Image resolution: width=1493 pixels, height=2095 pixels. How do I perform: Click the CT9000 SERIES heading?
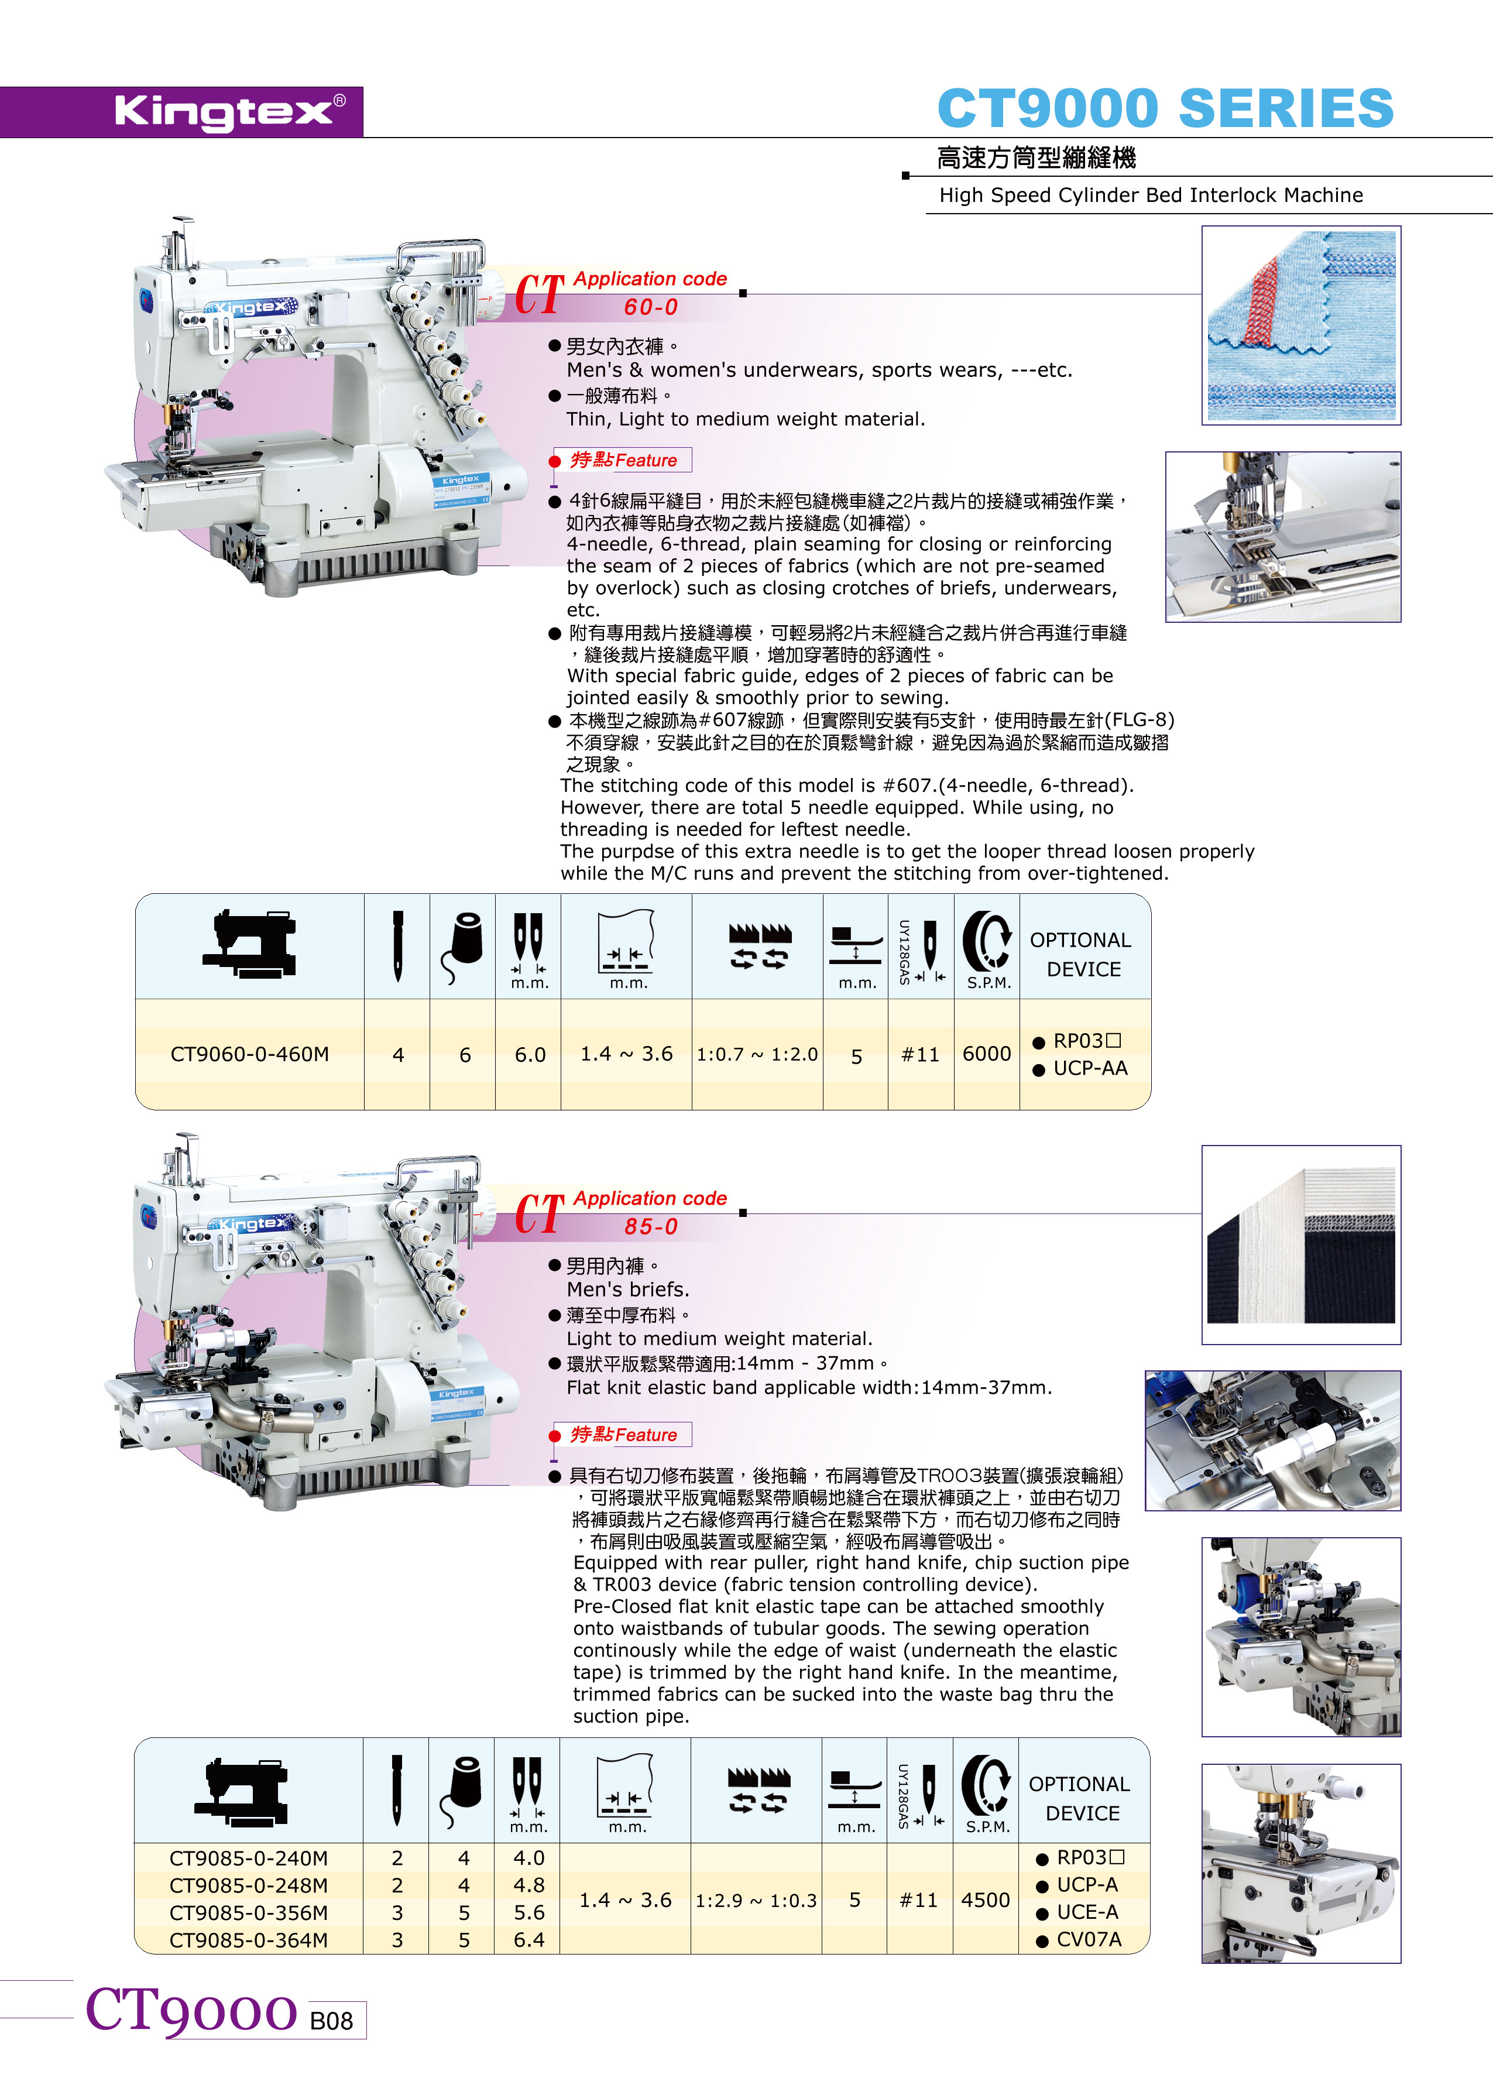coord(1165,108)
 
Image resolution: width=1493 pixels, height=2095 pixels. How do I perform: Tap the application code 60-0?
coord(651,307)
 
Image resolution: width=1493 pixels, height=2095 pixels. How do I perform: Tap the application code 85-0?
coord(651,1226)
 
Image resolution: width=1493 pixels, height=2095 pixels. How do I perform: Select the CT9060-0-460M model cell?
coord(249,1054)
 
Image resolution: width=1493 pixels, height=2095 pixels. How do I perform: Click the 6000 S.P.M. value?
coord(986,1054)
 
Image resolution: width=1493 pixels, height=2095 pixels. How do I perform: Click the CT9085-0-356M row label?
coord(248,1912)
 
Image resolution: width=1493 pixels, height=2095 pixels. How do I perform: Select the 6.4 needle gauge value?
coord(528,1940)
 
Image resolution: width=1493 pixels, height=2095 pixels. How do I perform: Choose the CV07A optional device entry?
coord(1079,1940)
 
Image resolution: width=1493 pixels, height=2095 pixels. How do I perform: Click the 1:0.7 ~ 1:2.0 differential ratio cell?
coord(757,1054)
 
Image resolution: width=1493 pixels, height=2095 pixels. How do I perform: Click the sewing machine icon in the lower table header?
coord(241,1792)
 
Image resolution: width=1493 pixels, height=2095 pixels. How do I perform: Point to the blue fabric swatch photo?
coord(1301,325)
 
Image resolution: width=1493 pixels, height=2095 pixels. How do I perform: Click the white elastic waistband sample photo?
coord(1301,1244)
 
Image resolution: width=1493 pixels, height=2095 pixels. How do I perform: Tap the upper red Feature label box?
coord(622,460)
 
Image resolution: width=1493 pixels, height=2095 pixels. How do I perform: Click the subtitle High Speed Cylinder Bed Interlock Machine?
coord(1151,195)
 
